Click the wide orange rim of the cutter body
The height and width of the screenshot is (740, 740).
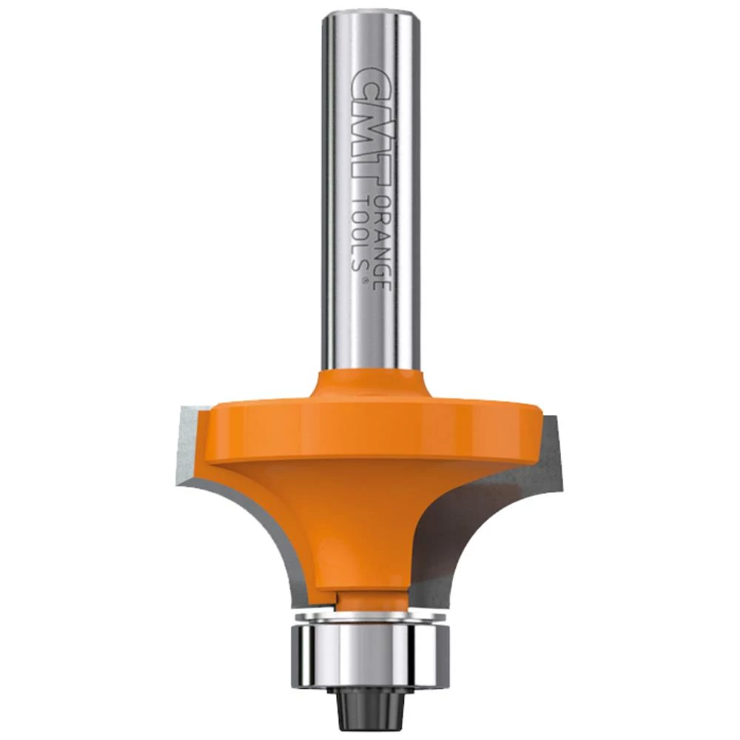coord(373,429)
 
